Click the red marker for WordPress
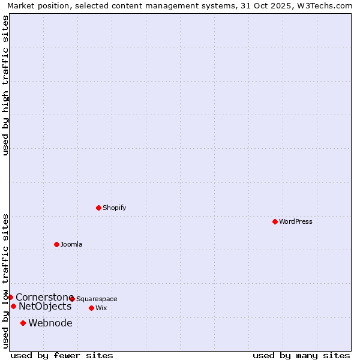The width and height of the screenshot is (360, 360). click(275, 221)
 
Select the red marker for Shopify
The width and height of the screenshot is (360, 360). click(98, 208)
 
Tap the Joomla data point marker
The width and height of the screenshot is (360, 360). click(56, 244)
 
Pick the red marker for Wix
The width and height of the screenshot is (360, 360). click(91, 308)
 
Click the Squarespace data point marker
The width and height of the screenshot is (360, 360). click(72, 299)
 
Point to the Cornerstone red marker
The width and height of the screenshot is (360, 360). click(10, 297)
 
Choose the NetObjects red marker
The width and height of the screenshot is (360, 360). click(13, 306)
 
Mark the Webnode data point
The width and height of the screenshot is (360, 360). click(23, 323)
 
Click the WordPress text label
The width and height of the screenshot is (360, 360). click(296, 221)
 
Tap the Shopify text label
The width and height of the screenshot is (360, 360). click(115, 208)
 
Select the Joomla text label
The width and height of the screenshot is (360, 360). click(71, 244)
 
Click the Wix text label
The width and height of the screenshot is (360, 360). click(101, 308)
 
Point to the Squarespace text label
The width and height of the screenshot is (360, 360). click(97, 299)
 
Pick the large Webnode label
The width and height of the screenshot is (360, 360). click(50, 323)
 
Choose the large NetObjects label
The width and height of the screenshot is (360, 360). click(45, 307)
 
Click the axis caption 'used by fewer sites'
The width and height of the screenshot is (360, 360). click(62, 355)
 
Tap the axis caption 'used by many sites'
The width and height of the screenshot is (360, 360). click(301, 355)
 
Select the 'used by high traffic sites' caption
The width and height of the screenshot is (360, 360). click(5, 85)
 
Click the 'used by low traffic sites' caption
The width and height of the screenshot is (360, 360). click(5, 281)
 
